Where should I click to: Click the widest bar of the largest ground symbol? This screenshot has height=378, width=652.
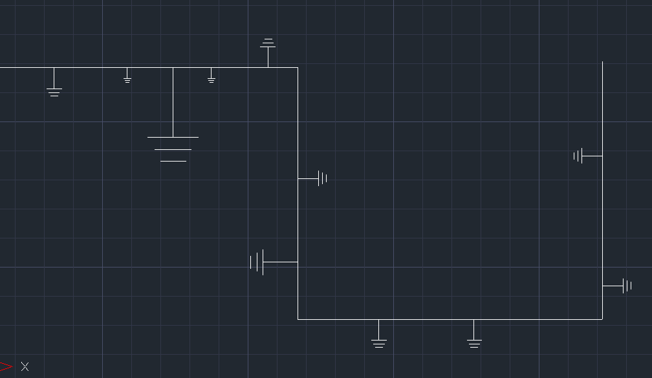coord(173,137)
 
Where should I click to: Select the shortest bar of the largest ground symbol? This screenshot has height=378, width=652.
coord(173,161)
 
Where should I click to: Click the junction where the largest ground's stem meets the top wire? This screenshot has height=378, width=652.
coord(173,67)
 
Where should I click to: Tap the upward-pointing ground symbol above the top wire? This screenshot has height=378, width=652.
coord(268,44)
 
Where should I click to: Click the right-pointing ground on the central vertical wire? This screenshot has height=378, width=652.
coord(322,178)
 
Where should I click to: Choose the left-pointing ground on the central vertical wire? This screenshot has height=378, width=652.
coord(257,262)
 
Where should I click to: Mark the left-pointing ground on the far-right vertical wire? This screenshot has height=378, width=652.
coord(579,156)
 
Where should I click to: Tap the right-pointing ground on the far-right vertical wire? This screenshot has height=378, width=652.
coord(626,286)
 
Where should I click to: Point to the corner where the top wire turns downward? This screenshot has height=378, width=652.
coord(298,67)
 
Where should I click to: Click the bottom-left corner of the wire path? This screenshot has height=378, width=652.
coord(298,319)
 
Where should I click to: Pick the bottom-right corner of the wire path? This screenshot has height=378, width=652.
coord(602,319)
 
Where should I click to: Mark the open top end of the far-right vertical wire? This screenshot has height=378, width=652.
coord(602,62)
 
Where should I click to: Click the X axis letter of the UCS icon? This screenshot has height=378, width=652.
coord(25,366)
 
